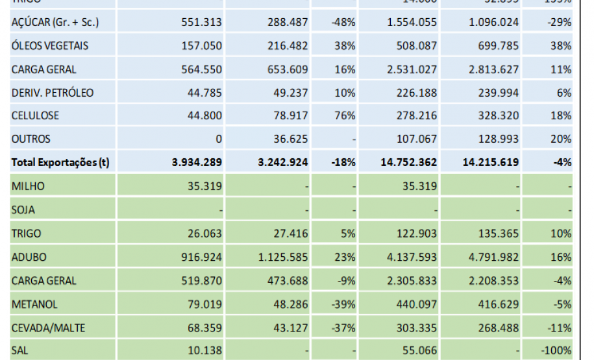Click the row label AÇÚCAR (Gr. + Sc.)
[x=55, y=22]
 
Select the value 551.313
[x=203, y=22]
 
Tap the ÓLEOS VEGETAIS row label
[x=50, y=46]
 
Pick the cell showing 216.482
[x=288, y=46]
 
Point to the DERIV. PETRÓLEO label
[x=53, y=93]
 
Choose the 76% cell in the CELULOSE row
[x=345, y=115]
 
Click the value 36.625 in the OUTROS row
[x=290, y=139]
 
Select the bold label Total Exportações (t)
[x=60, y=162]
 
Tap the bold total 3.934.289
[x=197, y=162]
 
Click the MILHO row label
[x=27, y=186]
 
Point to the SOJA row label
[x=23, y=210]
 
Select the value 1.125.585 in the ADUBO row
[x=284, y=257]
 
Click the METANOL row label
[x=34, y=304]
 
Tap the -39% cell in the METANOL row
[x=343, y=304]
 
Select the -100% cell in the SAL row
[x=556, y=351]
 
